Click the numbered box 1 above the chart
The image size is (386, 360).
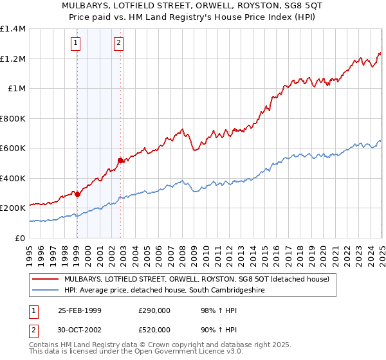coord(76,44)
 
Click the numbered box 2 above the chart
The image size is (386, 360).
coord(119,44)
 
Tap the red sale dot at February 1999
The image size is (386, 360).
coord(77,194)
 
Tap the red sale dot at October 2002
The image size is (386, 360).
coord(120,160)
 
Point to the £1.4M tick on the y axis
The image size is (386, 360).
coord(13,29)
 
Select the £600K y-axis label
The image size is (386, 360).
coord(13,148)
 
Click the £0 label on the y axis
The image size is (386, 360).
coord(20,238)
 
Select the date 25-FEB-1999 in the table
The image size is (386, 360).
coord(80,310)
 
